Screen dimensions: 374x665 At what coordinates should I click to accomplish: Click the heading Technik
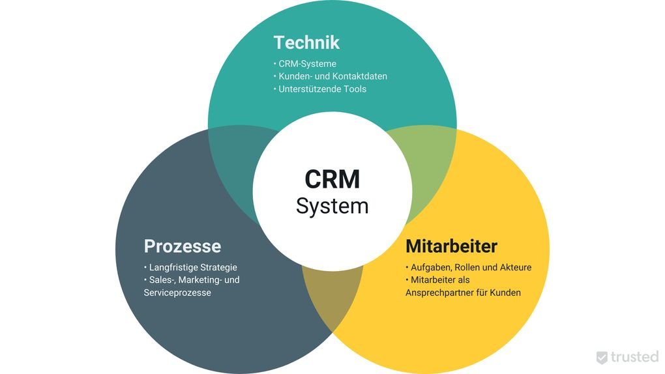[x=306, y=42]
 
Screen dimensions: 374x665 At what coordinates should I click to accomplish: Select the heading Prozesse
[x=182, y=246]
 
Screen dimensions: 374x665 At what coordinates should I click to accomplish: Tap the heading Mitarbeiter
[x=451, y=246]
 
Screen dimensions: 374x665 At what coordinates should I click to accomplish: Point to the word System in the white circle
[x=332, y=206]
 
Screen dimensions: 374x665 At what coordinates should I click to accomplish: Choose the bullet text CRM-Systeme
[x=307, y=64]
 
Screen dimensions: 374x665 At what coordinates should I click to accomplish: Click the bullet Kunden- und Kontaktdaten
[x=332, y=76]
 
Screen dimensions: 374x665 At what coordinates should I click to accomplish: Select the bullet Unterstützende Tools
[x=322, y=89]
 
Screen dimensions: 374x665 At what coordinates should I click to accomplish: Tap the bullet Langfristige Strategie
[x=193, y=267]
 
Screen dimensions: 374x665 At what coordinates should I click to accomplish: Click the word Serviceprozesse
[x=177, y=293]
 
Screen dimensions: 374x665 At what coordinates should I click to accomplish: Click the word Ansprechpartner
[x=441, y=293]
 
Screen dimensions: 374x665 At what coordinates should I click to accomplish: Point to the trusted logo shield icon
[x=602, y=357]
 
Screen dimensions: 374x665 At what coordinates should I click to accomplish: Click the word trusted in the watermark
[x=634, y=357]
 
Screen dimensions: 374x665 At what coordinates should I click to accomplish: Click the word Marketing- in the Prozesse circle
[x=209, y=280]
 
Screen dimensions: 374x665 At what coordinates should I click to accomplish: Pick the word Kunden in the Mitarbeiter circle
[x=507, y=293]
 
